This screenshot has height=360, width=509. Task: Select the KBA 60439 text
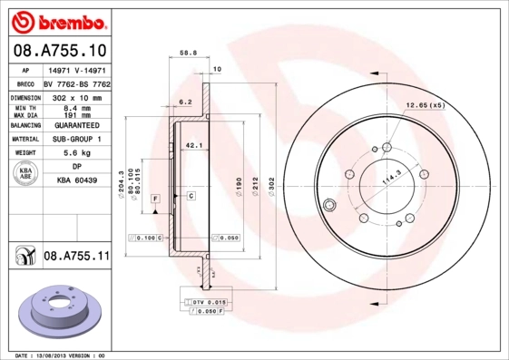(x=77, y=181)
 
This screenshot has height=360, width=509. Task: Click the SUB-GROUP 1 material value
(x=75, y=139)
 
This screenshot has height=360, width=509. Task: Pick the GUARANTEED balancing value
(x=75, y=124)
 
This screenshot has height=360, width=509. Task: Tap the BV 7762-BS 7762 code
(x=75, y=82)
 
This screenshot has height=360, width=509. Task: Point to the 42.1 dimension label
(x=191, y=144)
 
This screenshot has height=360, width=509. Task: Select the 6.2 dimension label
(x=184, y=102)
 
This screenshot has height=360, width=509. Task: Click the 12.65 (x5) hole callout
(x=426, y=105)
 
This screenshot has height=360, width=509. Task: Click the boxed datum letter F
(x=155, y=197)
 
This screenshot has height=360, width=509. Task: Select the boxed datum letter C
(x=191, y=196)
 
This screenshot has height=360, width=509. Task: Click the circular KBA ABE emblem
(x=25, y=174)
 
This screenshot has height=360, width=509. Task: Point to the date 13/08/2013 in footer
(x=61, y=355)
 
